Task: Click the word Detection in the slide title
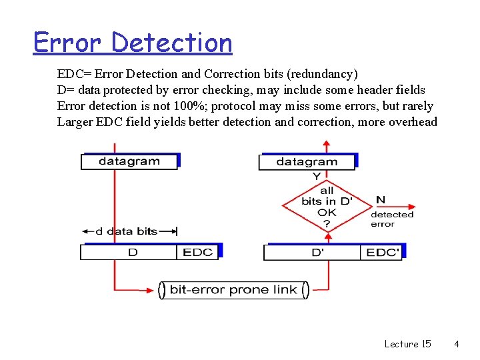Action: (x=172, y=43)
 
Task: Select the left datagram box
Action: (x=129, y=161)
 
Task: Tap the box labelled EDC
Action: (x=197, y=252)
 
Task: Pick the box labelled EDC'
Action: (x=382, y=252)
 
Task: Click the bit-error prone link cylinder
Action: (x=234, y=290)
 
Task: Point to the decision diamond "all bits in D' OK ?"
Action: (x=327, y=206)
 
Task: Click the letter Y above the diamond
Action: (x=317, y=177)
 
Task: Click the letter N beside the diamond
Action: (x=381, y=199)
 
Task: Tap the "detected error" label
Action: (x=392, y=219)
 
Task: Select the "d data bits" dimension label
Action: (x=127, y=231)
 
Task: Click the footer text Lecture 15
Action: (x=407, y=344)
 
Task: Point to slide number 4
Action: (x=457, y=344)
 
